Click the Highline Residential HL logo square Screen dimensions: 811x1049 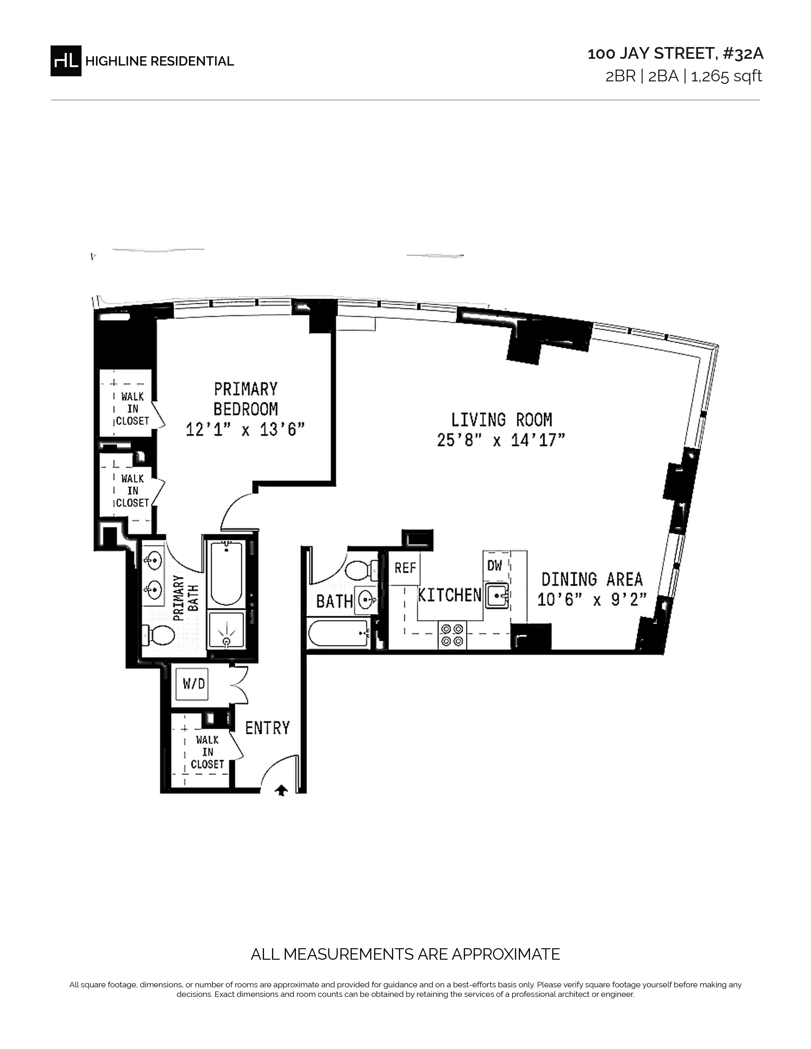[x=66, y=61]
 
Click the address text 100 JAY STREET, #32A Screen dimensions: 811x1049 [x=676, y=54]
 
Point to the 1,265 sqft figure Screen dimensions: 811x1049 [x=726, y=76]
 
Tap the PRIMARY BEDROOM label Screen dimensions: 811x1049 [x=246, y=399]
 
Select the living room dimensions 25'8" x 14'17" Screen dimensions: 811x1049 [x=501, y=440]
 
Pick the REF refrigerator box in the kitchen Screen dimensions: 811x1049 [x=405, y=568]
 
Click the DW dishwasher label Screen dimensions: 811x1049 [x=494, y=566]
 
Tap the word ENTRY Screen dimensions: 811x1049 [x=267, y=728]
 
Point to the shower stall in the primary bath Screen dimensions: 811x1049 [x=225, y=631]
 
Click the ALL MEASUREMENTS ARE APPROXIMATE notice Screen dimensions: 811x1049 [x=405, y=954]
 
